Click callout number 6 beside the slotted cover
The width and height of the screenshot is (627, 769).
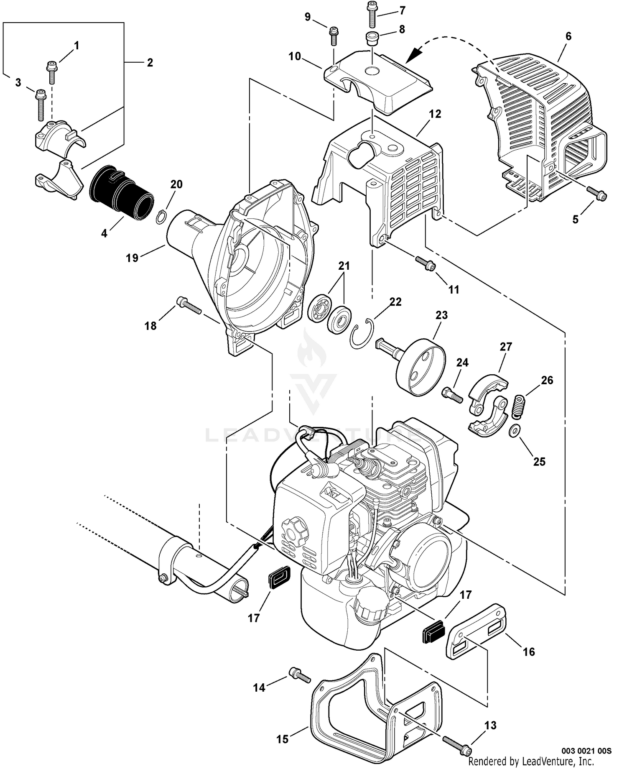[x=568, y=36]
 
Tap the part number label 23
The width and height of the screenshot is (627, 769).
[x=441, y=315]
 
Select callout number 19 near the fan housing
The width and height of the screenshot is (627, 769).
[x=132, y=258]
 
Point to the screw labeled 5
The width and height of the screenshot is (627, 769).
[x=596, y=193]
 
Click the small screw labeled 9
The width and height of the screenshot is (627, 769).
[x=334, y=36]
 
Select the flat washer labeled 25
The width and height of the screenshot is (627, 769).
[x=515, y=431]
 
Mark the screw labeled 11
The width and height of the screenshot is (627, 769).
[x=426, y=263]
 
